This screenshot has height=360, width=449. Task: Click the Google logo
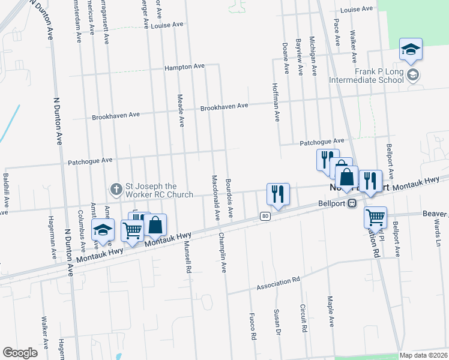[x=20, y=353]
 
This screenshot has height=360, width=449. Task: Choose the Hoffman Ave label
[x=277, y=102]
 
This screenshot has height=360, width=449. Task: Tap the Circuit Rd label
[x=303, y=318]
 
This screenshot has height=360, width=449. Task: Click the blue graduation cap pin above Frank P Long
[x=411, y=49]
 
